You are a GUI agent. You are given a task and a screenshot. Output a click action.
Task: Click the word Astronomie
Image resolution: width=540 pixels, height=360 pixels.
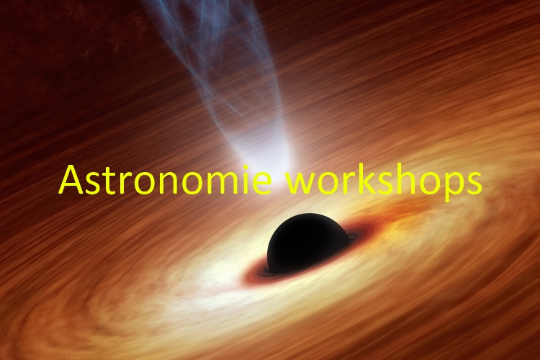pos(166,179)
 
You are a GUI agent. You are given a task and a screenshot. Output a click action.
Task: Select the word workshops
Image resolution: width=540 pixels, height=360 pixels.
pos(384,181)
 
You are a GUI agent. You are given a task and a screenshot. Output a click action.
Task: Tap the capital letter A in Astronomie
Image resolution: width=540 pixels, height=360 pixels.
pos(71,179)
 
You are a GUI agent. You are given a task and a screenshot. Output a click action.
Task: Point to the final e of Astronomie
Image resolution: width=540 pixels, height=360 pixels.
pos(262,184)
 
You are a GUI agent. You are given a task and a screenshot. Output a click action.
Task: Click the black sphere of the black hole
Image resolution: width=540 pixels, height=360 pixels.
pos(308,243)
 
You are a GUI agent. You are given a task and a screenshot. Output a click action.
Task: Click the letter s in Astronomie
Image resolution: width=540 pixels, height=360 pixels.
pos(92,184)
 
